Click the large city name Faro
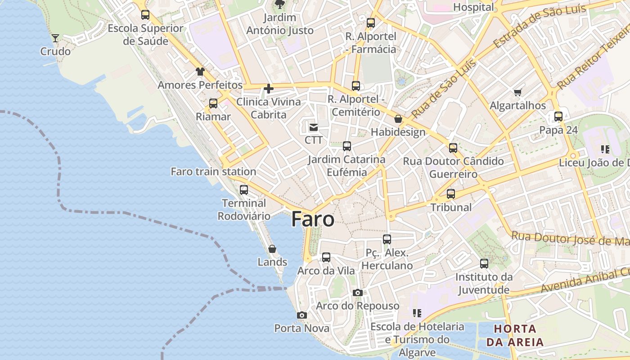click(313, 219)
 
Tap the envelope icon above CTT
click(314, 128)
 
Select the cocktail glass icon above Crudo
click(55, 38)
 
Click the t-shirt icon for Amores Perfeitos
click(200, 72)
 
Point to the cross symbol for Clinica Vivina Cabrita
click(269, 89)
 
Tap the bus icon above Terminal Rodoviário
click(244, 190)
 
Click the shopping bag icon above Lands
click(272, 249)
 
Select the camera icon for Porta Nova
click(302, 315)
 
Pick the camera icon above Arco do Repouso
click(358, 293)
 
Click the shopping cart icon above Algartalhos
click(517, 93)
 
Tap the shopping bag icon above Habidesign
click(398, 119)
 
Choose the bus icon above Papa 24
click(558, 117)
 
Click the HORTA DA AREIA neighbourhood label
click(515, 335)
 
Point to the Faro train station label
click(213, 171)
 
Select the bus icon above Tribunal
click(451, 194)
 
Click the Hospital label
click(473, 7)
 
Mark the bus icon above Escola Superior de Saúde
click(145, 15)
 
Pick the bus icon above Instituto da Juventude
click(484, 264)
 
